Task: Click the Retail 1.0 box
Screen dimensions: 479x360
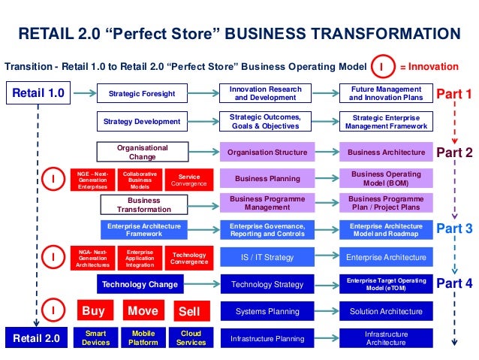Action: (x=38, y=94)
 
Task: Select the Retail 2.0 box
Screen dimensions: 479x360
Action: (x=38, y=338)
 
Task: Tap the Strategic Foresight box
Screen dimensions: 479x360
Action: (x=142, y=94)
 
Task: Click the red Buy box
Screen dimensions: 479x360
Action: (x=93, y=310)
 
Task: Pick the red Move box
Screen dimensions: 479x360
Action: (x=143, y=310)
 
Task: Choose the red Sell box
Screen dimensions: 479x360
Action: (x=191, y=311)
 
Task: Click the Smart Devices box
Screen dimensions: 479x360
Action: (x=96, y=338)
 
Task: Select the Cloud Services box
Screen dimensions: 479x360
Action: (x=191, y=338)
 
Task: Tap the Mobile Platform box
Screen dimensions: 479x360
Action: (x=143, y=338)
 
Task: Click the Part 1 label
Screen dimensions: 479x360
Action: (x=454, y=95)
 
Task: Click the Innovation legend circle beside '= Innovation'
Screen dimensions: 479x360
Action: (x=381, y=67)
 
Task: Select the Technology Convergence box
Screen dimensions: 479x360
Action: (x=189, y=259)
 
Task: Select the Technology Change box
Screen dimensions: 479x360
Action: (x=140, y=284)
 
